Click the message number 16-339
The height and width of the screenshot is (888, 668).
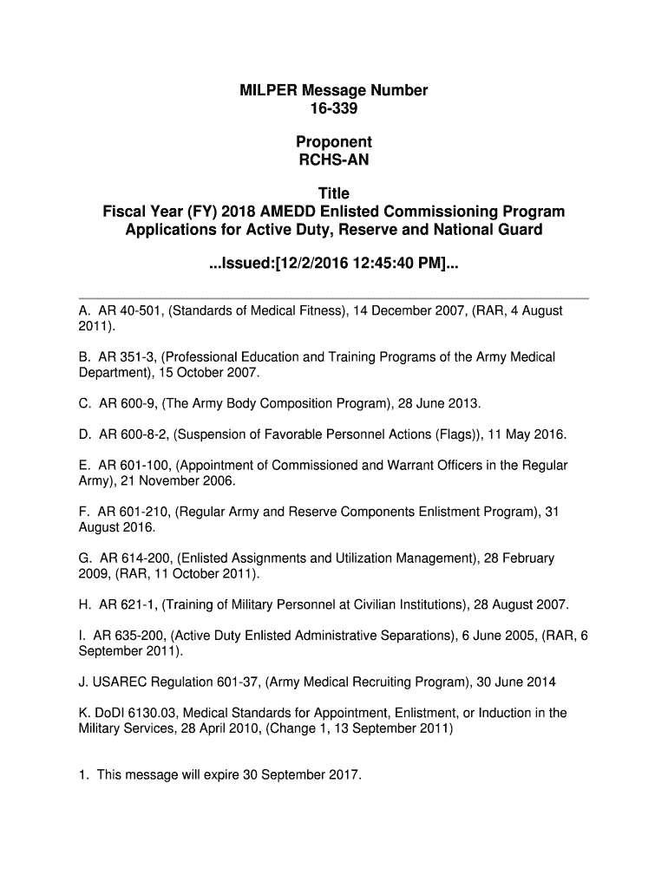334,108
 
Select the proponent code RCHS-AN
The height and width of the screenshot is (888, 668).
334,160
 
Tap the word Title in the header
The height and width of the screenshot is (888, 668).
334,193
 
